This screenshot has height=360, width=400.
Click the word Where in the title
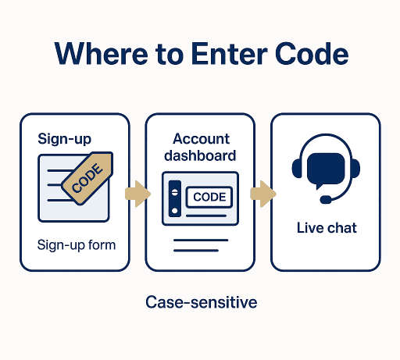[x=102, y=54]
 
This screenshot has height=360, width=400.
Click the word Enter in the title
[x=230, y=54]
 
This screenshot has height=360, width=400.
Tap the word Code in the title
[x=312, y=54]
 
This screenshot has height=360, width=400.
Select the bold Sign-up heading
[x=64, y=139]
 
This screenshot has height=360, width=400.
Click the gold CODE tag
[x=87, y=178]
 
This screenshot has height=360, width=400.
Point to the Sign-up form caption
[x=77, y=245]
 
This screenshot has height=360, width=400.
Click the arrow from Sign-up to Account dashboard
[x=137, y=194]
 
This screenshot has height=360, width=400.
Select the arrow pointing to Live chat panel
[x=263, y=194]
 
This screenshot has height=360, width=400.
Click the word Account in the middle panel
[x=201, y=138]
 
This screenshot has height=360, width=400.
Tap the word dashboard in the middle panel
[x=200, y=155]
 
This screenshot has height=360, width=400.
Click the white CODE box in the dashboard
[x=209, y=197]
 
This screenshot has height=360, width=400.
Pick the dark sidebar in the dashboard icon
[x=175, y=198]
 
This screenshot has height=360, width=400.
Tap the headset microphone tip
[x=326, y=200]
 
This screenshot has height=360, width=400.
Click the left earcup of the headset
[x=297, y=169]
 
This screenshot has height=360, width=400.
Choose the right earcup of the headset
[x=355, y=169]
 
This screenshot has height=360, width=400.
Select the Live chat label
[x=327, y=228]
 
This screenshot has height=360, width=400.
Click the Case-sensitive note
[x=202, y=302]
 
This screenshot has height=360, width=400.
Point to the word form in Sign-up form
[x=102, y=244]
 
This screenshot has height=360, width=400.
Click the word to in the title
[x=170, y=55]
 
